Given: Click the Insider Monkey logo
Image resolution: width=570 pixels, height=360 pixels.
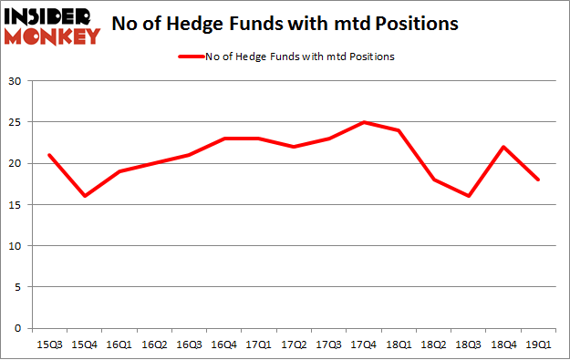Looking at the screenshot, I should [x=52, y=25].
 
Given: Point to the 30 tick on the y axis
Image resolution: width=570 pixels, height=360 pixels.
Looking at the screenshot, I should [x=16, y=81].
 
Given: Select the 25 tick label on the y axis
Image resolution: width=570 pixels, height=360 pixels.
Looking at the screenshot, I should [x=16, y=122].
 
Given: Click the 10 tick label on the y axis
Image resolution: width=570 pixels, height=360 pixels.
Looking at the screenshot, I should [x=16, y=246].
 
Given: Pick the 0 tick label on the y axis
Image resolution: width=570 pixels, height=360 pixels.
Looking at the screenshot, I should [x=19, y=328].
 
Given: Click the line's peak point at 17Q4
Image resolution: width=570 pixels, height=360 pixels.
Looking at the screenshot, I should [x=364, y=122].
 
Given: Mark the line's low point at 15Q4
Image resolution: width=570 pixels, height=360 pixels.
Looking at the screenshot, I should [x=84, y=196].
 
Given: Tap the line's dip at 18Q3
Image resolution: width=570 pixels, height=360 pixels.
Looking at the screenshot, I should [x=469, y=196].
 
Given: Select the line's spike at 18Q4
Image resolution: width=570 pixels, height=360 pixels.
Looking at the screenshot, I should [x=503, y=147].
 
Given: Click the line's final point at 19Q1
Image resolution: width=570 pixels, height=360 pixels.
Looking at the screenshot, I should [x=538, y=180].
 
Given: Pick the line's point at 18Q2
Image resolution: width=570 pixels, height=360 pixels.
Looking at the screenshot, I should [x=434, y=180].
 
